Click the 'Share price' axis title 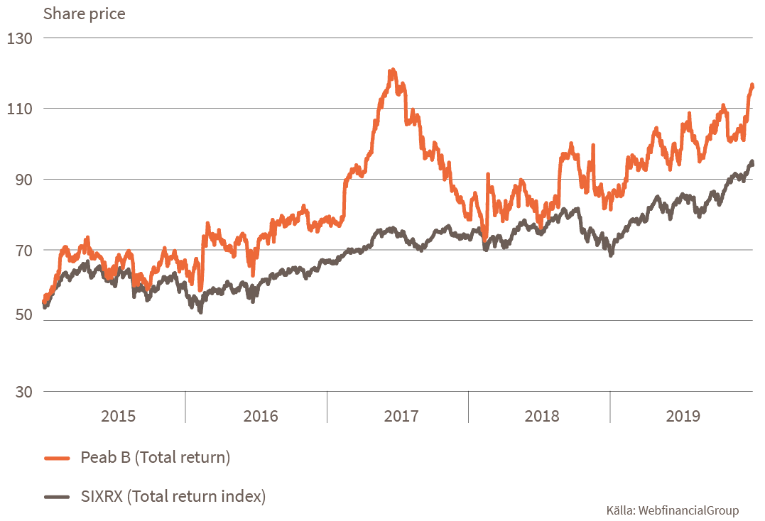[x=84, y=14]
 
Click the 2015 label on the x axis [x=118, y=416]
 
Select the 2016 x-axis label [x=261, y=416]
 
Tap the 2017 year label [x=401, y=416]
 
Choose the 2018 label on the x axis [x=542, y=416]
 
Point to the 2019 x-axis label [x=683, y=416]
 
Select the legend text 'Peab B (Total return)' [x=156, y=459]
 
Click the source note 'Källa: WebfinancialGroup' [x=672, y=510]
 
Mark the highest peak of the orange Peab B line [x=391, y=71]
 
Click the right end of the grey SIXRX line [x=752, y=163]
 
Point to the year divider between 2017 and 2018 [x=469, y=407]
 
